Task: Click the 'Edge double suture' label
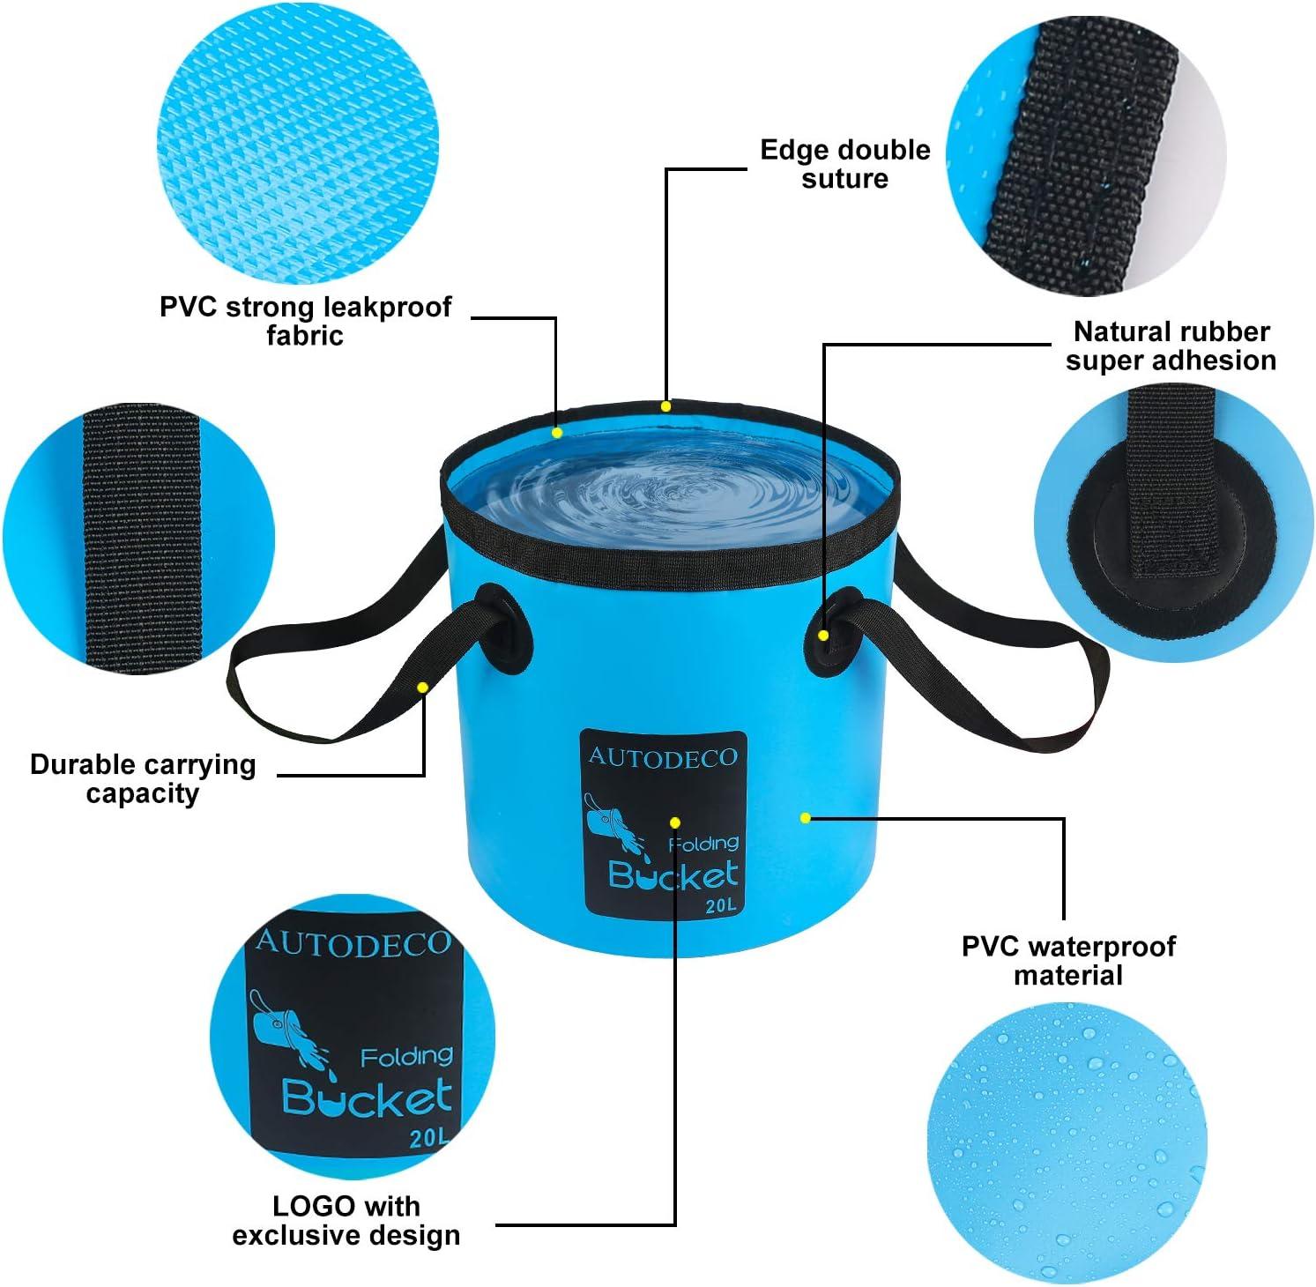[x=844, y=164]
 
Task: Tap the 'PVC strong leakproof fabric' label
[x=305, y=321]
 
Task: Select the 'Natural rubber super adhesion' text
[x=1171, y=346]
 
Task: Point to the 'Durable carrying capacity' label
[x=143, y=778]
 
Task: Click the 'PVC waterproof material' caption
[x=1068, y=961]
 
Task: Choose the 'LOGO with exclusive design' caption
[x=346, y=1220]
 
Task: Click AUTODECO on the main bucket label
[x=663, y=757]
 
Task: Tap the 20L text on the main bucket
[x=721, y=906]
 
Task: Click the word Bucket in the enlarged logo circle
[x=367, y=1098]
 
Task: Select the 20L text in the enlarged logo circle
[x=428, y=1138]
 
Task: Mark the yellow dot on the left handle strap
[x=423, y=687]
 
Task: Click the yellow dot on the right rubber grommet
[x=823, y=635]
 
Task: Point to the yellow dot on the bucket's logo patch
[x=675, y=822]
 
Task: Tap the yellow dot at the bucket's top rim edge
[x=666, y=406]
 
